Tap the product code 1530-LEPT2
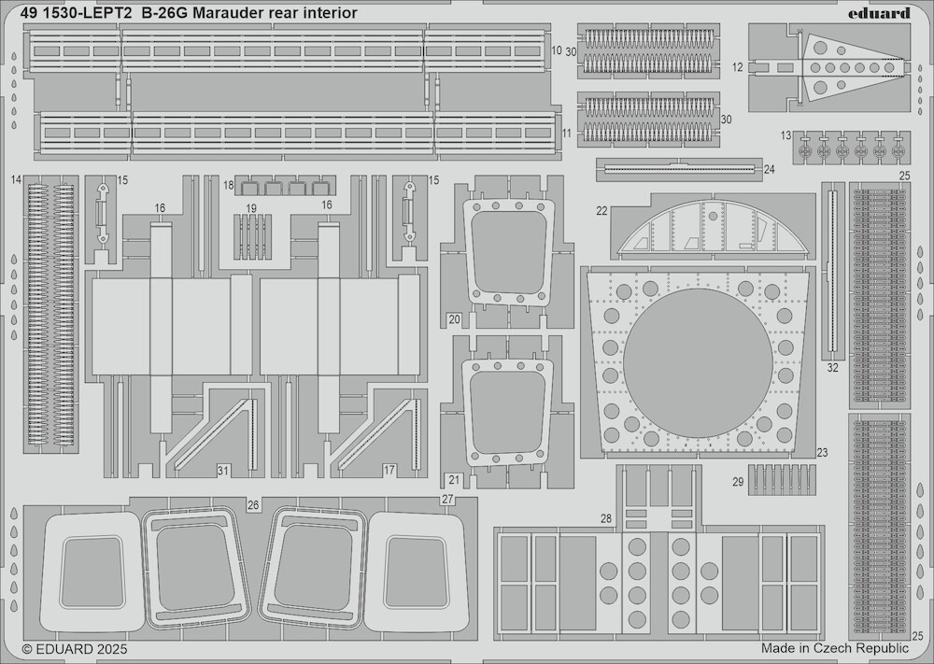point(88,13)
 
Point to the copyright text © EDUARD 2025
point(75,648)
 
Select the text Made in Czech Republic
point(834,648)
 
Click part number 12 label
point(738,68)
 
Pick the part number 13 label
point(785,135)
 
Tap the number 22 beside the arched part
point(601,211)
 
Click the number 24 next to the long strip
point(769,170)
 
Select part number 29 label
point(738,482)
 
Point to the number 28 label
point(606,518)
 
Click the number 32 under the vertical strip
point(833,368)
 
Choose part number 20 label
point(455,319)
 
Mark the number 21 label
point(454,480)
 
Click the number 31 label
point(222,471)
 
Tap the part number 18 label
point(229,185)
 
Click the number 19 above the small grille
point(251,208)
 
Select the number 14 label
point(16,179)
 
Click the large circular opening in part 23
point(698,363)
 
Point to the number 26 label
point(253,505)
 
